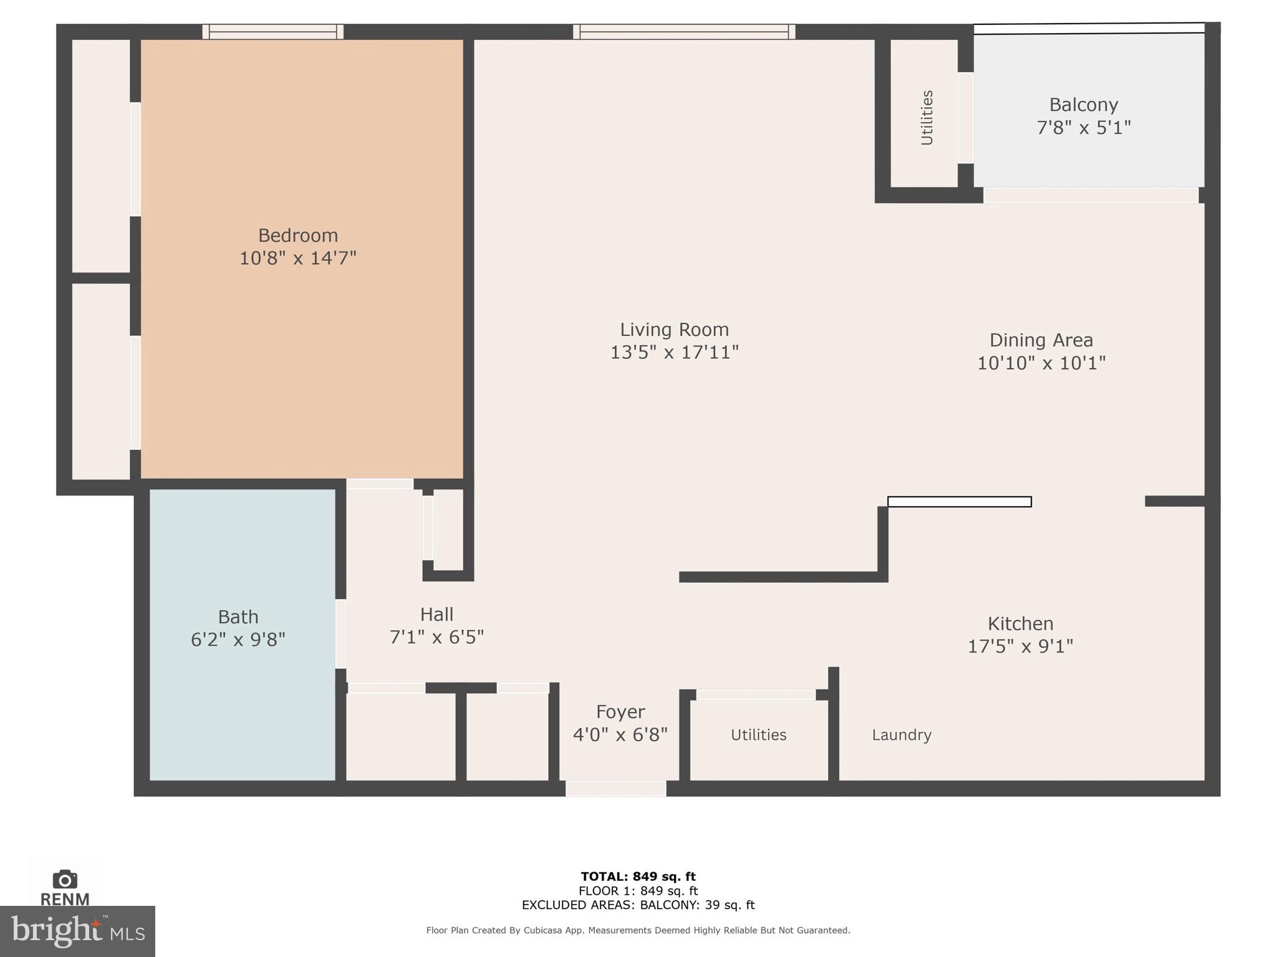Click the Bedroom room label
coord(298,235)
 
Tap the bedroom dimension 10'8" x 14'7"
coord(298,258)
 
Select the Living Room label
coord(674,329)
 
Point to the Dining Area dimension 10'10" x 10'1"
coord(1041,363)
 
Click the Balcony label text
coord(1083,105)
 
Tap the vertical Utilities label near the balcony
coord(927,118)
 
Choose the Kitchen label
coord(1020,623)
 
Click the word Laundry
coord(901,735)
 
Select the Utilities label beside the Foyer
coord(758,735)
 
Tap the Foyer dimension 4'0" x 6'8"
coord(620,735)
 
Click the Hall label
coord(436,615)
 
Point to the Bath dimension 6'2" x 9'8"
coord(238,640)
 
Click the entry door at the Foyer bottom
coord(616,789)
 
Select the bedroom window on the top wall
coord(273,32)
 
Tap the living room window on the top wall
coord(684,32)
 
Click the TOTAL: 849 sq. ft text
coord(638,877)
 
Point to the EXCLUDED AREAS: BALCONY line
coord(638,905)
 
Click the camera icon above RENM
coord(65,880)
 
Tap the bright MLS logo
coord(77,931)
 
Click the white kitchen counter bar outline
coord(959,502)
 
